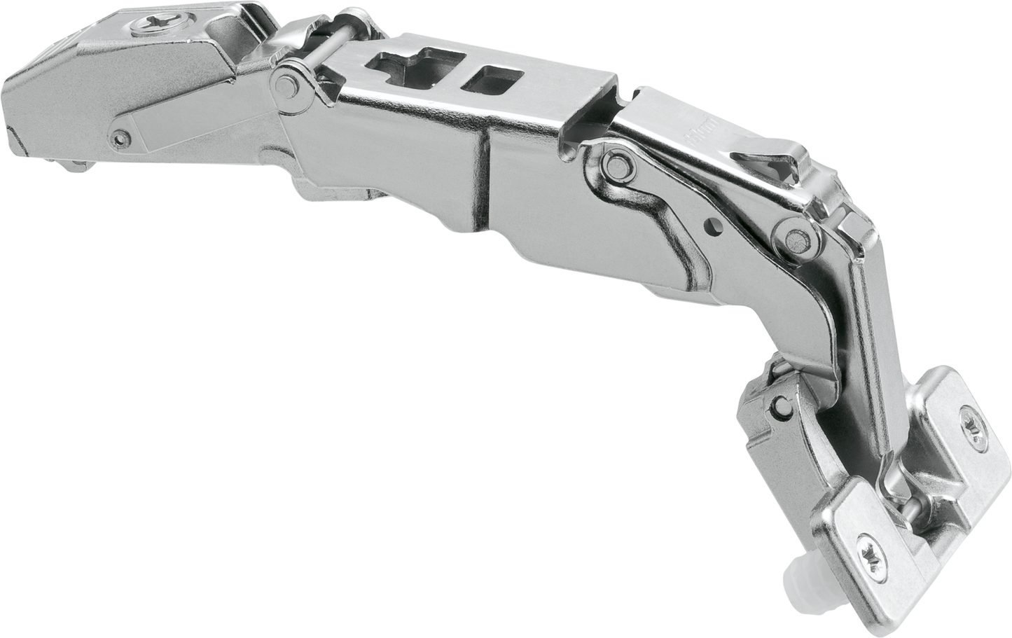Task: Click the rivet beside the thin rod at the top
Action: (x=284, y=83)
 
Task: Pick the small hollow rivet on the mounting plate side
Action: (x=123, y=136)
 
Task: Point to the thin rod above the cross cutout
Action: (x=329, y=42)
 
